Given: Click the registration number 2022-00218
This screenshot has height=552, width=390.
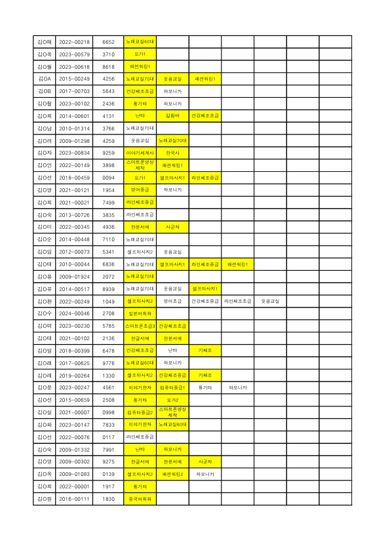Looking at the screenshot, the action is coord(74,42).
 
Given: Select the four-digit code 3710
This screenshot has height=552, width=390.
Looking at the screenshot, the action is coord(109,54).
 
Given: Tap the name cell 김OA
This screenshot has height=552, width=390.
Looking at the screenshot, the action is coord(45,79).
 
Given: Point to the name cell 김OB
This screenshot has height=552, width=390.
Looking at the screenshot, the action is coord(45,91).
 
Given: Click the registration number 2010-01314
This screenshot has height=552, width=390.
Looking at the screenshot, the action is coord(74,128).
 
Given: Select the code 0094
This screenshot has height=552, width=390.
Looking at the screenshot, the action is coord(109,177).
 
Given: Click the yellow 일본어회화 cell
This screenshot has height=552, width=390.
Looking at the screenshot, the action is coord(140,313).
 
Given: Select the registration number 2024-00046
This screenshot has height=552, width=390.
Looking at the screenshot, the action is coord(74,313).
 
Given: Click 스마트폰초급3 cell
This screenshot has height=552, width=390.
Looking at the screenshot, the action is coord(140,326).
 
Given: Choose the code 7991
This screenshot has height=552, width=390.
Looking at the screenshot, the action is coord(109,449).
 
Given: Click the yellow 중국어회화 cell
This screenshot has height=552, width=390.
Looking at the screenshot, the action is coord(140,499).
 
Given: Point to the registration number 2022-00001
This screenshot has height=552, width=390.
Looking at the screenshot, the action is coord(74,486).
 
